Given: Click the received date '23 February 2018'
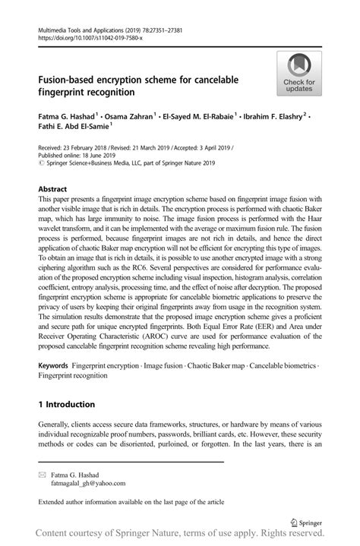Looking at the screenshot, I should (x=88, y=150).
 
